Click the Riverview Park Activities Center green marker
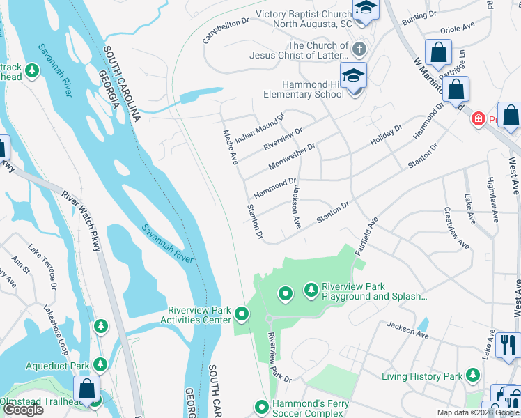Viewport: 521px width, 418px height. tap(242, 314)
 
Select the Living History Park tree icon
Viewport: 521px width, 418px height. tap(473, 376)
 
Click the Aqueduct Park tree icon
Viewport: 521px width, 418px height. tap(101, 364)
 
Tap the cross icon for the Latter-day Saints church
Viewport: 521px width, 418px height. tap(359, 49)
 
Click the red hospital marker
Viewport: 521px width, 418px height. tap(478, 119)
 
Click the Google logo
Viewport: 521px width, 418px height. tap(24, 410)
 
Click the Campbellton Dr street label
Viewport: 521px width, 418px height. tap(226, 31)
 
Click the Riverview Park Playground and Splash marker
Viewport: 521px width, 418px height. tap(311, 288)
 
